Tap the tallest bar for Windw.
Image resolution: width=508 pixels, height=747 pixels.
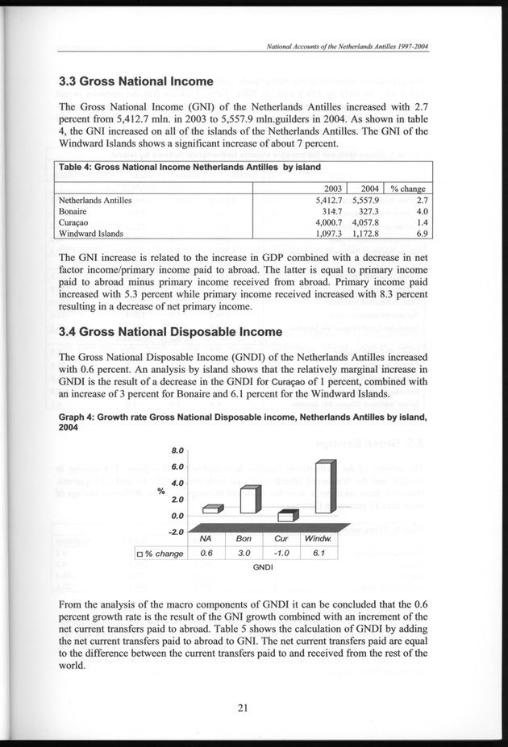pos(324,488)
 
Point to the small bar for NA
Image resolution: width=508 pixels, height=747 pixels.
pos(210,508)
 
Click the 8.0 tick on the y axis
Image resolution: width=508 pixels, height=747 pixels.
pos(179,450)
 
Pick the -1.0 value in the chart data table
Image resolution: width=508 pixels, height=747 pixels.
pos(281,553)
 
